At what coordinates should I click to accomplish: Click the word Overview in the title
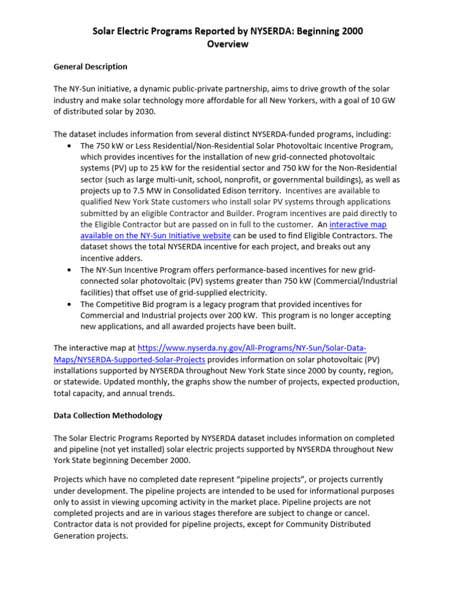[228, 44]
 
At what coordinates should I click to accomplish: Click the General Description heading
[90, 66]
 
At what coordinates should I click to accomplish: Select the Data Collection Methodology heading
[108, 416]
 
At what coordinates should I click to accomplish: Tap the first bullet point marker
[71, 145]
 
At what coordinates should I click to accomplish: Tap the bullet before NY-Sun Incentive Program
[71, 270]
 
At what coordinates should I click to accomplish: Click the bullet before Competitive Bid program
[71, 304]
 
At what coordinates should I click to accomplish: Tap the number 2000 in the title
[351, 31]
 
